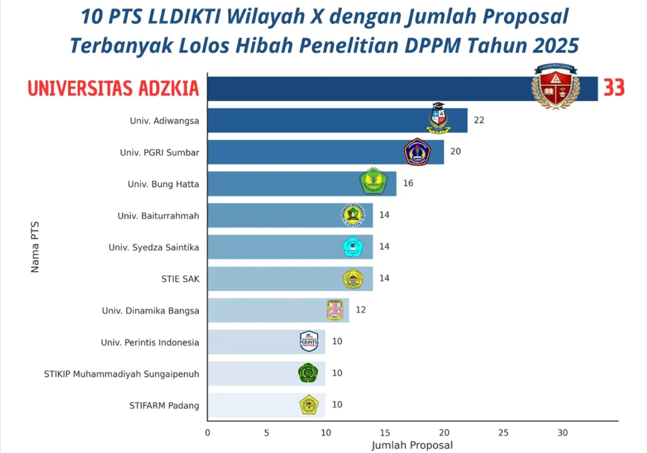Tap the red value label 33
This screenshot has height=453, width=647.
[613, 88]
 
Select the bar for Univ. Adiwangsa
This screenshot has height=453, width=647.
[320, 121]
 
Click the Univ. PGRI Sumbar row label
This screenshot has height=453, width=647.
[159, 153]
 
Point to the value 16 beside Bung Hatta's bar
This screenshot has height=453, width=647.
[408, 184]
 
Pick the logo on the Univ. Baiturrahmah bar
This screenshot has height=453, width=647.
[353, 214]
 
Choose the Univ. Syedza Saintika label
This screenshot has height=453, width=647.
[153, 247]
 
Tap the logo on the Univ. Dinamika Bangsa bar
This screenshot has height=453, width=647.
[335, 309]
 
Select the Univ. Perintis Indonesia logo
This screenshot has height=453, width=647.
[312, 341]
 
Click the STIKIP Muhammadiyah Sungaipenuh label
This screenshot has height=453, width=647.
[122, 373]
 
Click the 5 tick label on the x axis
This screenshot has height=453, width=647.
[266, 433]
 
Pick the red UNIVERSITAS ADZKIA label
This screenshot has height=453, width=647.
[113, 89]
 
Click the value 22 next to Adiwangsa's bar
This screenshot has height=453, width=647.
[479, 121]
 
